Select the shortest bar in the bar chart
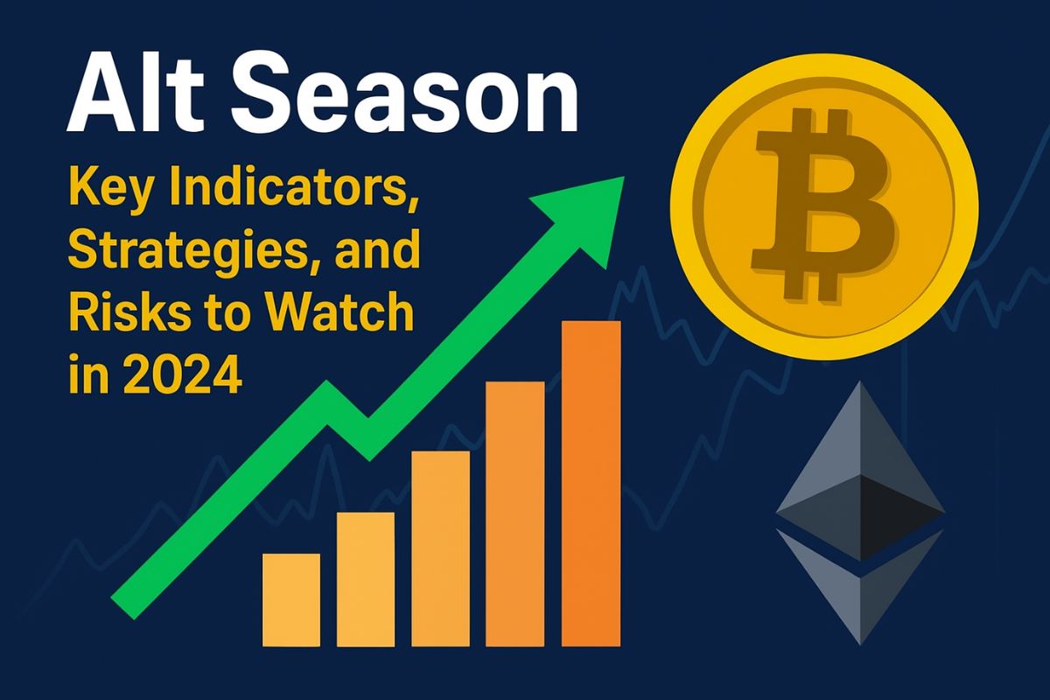[x=291, y=600]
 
